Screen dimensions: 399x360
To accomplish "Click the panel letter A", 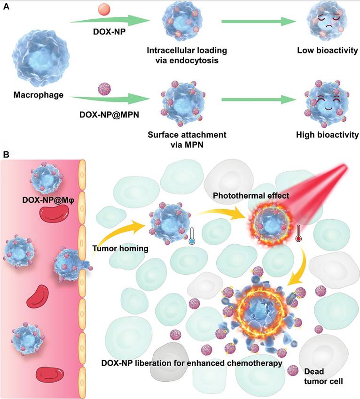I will point(6,6).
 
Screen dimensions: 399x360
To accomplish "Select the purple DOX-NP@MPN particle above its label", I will point(103,88).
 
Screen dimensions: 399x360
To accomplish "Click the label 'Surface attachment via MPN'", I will point(187,139).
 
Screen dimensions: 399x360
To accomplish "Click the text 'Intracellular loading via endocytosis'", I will point(187,55).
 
